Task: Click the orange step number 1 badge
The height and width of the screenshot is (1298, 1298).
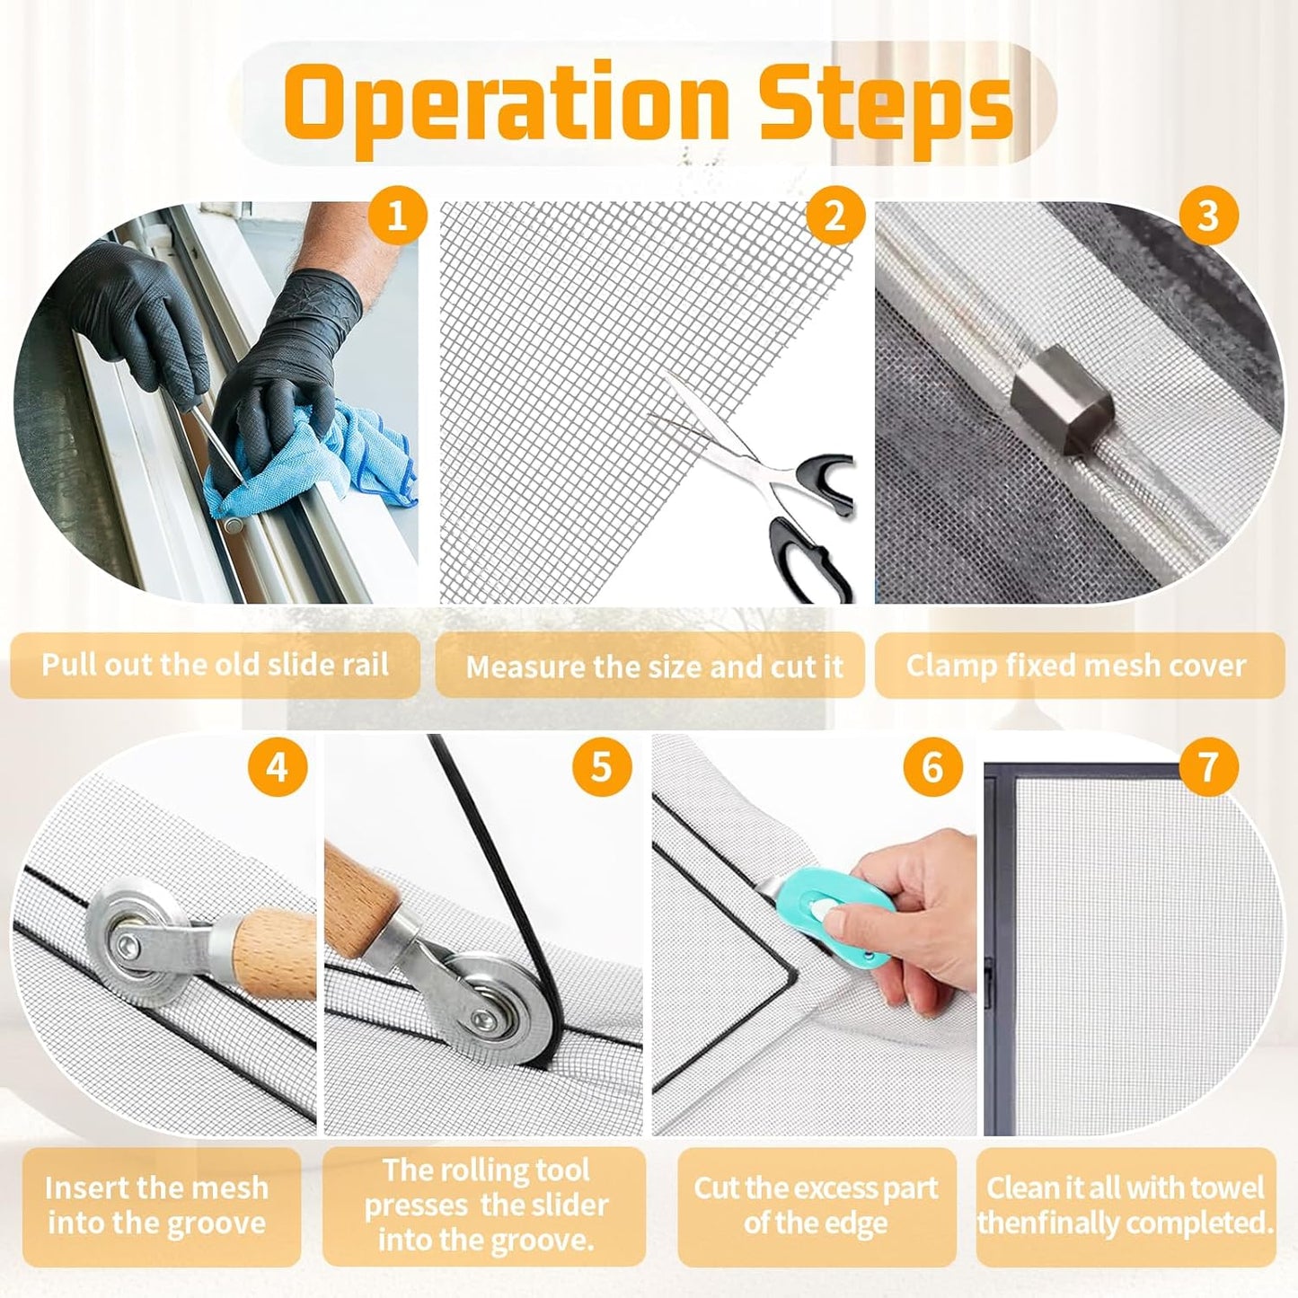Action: click(x=396, y=216)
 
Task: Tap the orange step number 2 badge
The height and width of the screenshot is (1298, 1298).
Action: click(x=834, y=216)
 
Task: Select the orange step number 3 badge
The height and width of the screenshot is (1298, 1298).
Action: click(x=1207, y=216)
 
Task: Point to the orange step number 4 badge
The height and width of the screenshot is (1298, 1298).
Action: click(x=277, y=767)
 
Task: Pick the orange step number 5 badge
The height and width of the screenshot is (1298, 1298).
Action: click(x=601, y=767)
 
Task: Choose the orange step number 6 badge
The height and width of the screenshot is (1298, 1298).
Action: click(x=932, y=767)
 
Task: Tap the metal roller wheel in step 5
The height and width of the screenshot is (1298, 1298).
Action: click(x=486, y=1014)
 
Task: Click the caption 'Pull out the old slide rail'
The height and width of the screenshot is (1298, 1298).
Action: click(x=215, y=665)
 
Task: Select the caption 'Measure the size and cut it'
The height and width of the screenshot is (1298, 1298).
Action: click(x=653, y=667)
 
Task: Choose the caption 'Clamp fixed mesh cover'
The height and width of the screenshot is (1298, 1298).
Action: click(x=1075, y=665)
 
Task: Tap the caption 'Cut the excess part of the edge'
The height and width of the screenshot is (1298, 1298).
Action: click(x=816, y=1205)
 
